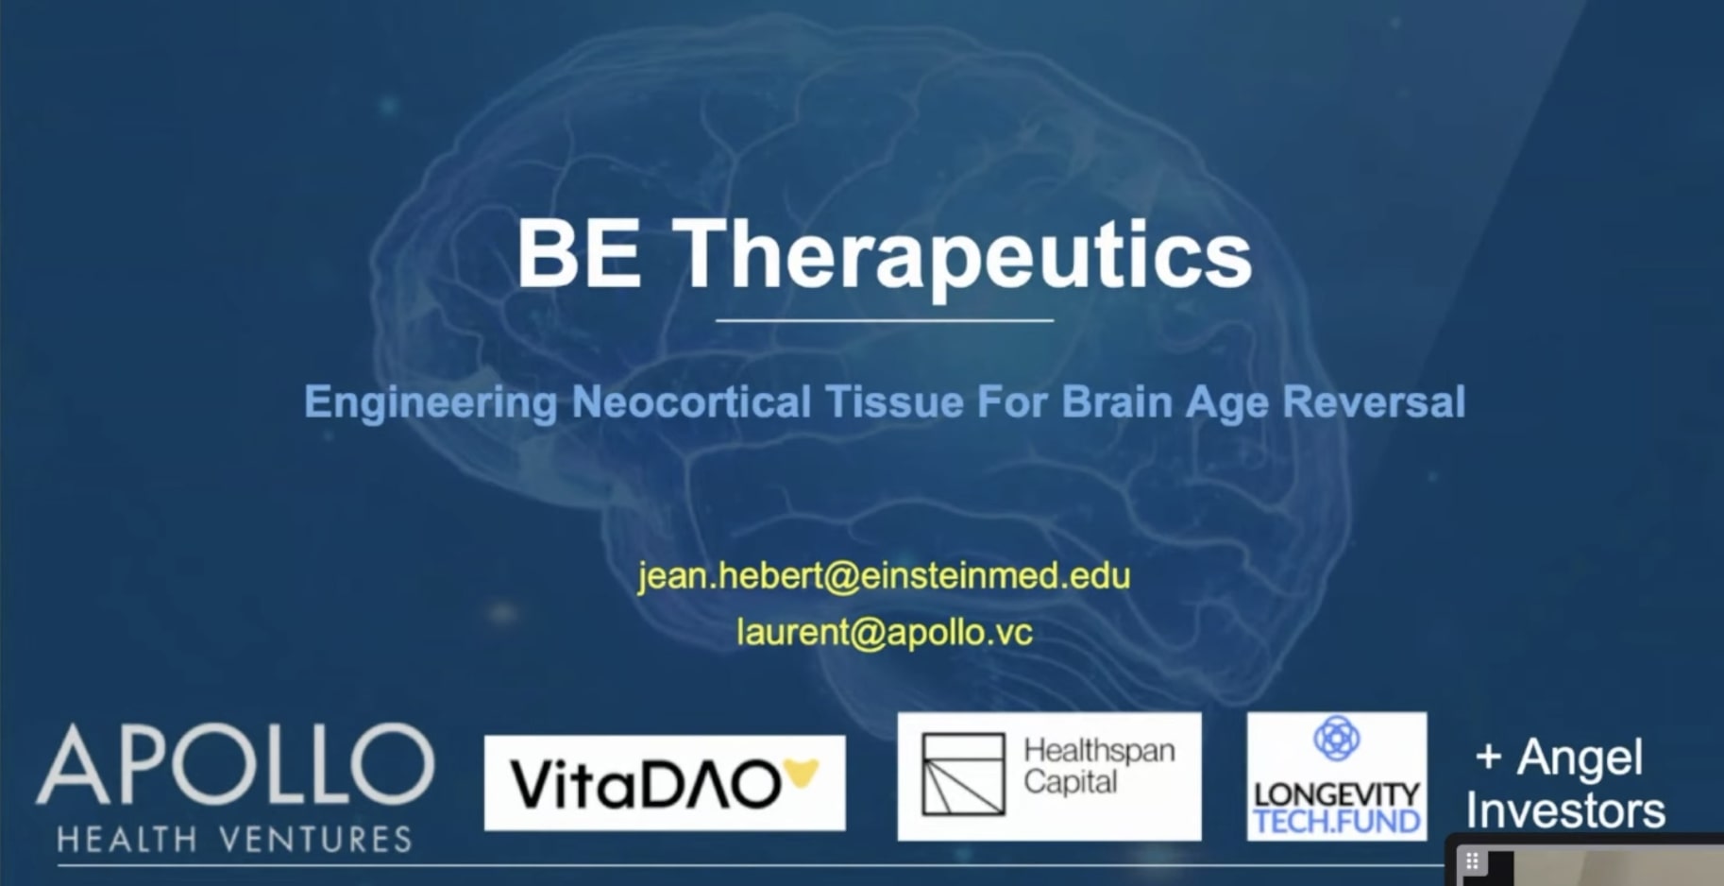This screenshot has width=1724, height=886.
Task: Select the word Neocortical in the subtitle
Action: pyautogui.click(x=691, y=401)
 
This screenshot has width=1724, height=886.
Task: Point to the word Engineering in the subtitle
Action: pyautogui.click(x=431, y=402)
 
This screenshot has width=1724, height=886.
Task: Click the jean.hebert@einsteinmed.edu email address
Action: pyautogui.click(x=884, y=575)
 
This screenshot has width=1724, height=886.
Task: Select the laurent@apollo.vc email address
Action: pyautogui.click(x=884, y=632)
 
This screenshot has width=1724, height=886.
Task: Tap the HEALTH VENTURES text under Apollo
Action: pyautogui.click(x=234, y=839)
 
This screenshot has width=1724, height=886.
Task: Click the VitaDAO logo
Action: pyautogui.click(x=648, y=784)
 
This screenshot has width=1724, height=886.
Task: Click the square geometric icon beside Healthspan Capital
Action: pyautogui.click(x=963, y=775)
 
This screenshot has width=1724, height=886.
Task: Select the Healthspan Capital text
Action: pyautogui.click(x=1098, y=766)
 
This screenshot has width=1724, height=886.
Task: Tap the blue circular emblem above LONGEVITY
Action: pyautogui.click(x=1336, y=738)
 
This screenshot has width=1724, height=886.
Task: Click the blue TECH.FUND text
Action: pyautogui.click(x=1336, y=822)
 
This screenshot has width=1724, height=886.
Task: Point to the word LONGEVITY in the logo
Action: pyautogui.click(x=1336, y=794)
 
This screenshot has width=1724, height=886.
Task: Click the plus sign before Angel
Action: pyautogui.click(x=1488, y=757)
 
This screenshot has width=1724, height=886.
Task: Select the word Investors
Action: pyautogui.click(x=1565, y=810)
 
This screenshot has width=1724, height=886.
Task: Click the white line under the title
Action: pyautogui.click(x=884, y=321)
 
